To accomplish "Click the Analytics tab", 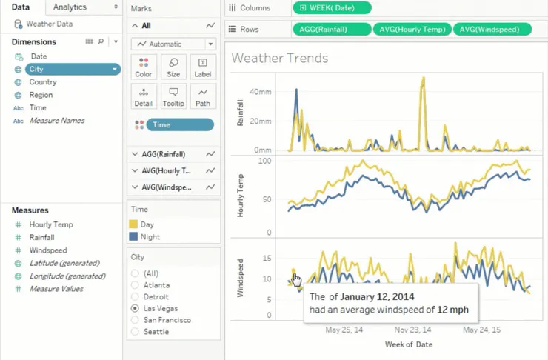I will [x=70, y=7].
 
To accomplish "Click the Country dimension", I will [x=43, y=82].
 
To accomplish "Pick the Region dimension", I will [x=41, y=95].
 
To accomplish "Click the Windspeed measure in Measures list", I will [x=48, y=250].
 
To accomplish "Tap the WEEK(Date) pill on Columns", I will [x=332, y=8].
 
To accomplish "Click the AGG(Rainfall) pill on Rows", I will [x=331, y=30].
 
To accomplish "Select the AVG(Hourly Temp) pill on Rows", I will [x=412, y=30].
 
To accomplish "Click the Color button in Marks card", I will [x=144, y=67].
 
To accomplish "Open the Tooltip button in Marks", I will [x=173, y=96].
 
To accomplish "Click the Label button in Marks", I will [x=203, y=67].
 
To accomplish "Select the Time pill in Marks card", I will [x=179, y=125].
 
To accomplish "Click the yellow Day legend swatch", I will [x=133, y=224].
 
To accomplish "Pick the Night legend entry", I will [x=150, y=237].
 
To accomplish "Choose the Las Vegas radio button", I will [x=135, y=307].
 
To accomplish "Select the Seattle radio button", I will [x=135, y=331].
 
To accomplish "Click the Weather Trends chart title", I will [x=280, y=58].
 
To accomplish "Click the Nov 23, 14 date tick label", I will [x=412, y=330].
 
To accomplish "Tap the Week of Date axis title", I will [x=408, y=344].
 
